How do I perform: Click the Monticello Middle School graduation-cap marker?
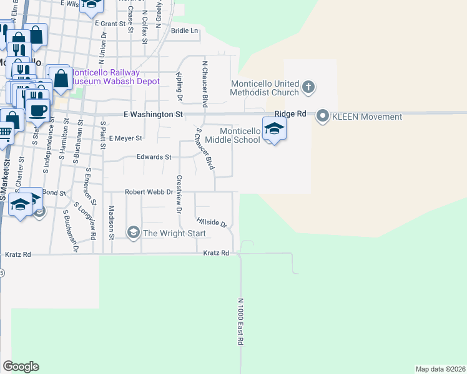pyautogui.click(x=273, y=129)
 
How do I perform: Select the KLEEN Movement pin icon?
pyautogui.click(x=323, y=116)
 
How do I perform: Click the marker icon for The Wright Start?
pyautogui.click(x=133, y=233)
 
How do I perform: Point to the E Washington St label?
pyautogui.click(x=153, y=115)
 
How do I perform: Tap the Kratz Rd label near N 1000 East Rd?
pyautogui.click(x=217, y=253)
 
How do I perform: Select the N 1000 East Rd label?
pyautogui.click(x=240, y=322)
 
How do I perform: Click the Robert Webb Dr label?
pyautogui.click(x=149, y=192)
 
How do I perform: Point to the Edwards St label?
pyautogui.click(x=154, y=157)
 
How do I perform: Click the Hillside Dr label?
pyautogui.click(x=211, y=222)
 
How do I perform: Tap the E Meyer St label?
pyautogui.click(x=125, y=138)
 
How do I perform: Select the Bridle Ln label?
pyautogui.click(x=184, y=31)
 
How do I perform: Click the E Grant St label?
pyautogui.click(x=111, y=23)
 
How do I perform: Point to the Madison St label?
pyautogui.click(x=111, y=223)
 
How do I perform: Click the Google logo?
pyautogui.click(x=21, y=367)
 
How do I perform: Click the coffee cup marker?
pyautogui.click(x=37, y=111)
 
